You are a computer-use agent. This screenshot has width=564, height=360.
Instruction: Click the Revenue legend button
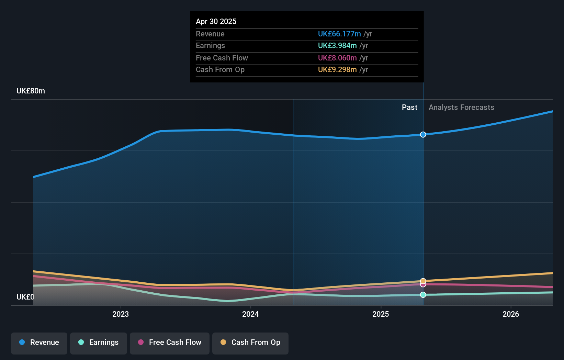tap(39, 342)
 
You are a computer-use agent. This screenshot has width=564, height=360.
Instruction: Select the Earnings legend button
tap(98, 342)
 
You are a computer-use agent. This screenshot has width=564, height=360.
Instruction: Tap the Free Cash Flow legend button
tap(169, 342)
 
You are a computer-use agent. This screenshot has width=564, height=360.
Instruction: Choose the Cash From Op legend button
tap(250, 342)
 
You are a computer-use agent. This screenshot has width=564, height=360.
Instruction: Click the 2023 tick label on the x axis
tap(121, 314)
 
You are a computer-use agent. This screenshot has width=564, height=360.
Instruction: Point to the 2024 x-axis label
tap(250, 314)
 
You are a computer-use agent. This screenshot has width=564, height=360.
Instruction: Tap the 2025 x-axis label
tap(381, 314)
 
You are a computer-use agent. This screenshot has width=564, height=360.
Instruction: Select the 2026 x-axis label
tap(511, 314)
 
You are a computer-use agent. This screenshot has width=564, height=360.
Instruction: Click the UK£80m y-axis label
tap(31, 91)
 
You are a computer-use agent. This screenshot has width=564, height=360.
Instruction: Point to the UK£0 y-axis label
tap(25, 297)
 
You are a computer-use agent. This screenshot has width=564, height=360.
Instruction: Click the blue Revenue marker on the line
tap(423, 135)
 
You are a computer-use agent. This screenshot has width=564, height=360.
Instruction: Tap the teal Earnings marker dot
tap(423, 295)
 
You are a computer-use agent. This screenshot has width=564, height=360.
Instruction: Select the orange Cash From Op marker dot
tap(423, 281)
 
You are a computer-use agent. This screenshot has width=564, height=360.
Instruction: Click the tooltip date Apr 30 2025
tap(216, 21)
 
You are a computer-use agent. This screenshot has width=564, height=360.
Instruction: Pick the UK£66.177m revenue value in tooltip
tap(339, 34)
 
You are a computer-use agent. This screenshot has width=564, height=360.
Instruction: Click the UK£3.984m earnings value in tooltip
tap(337, 46)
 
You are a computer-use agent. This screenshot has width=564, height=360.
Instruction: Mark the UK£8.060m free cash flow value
tap(337, 58)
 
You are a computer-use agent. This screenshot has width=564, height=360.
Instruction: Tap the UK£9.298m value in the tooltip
tap(337, 70)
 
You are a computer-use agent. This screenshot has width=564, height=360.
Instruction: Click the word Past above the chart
tap(409, 108)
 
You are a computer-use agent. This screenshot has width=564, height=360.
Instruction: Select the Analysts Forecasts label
tap(461, 108)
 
